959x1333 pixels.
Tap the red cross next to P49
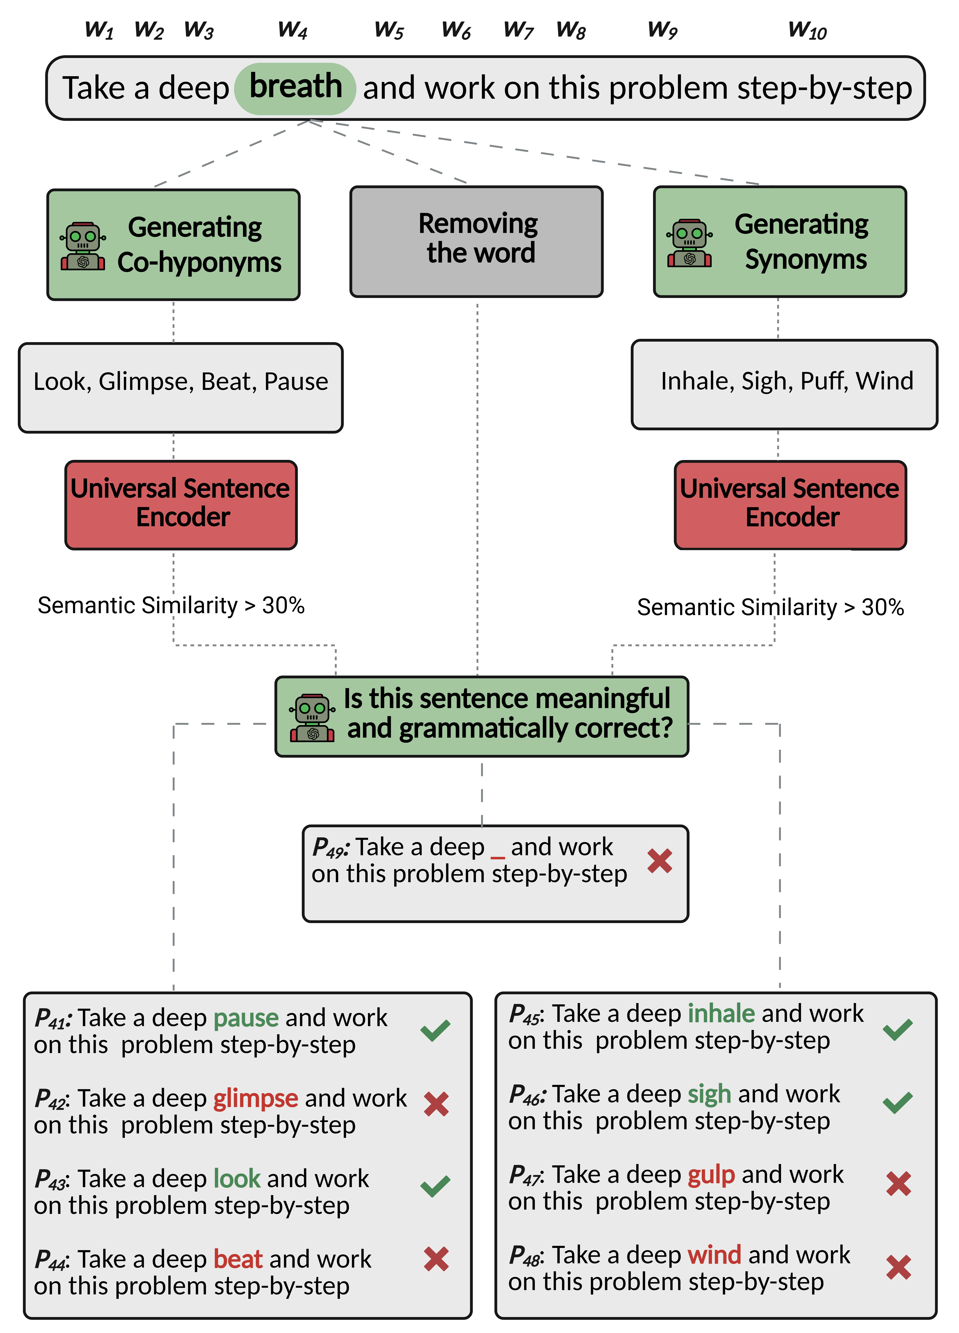point(659,861)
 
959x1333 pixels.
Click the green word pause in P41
point(246,1018)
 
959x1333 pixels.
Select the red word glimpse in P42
point(256,1098)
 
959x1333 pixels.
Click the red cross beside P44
point(436,1259)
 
